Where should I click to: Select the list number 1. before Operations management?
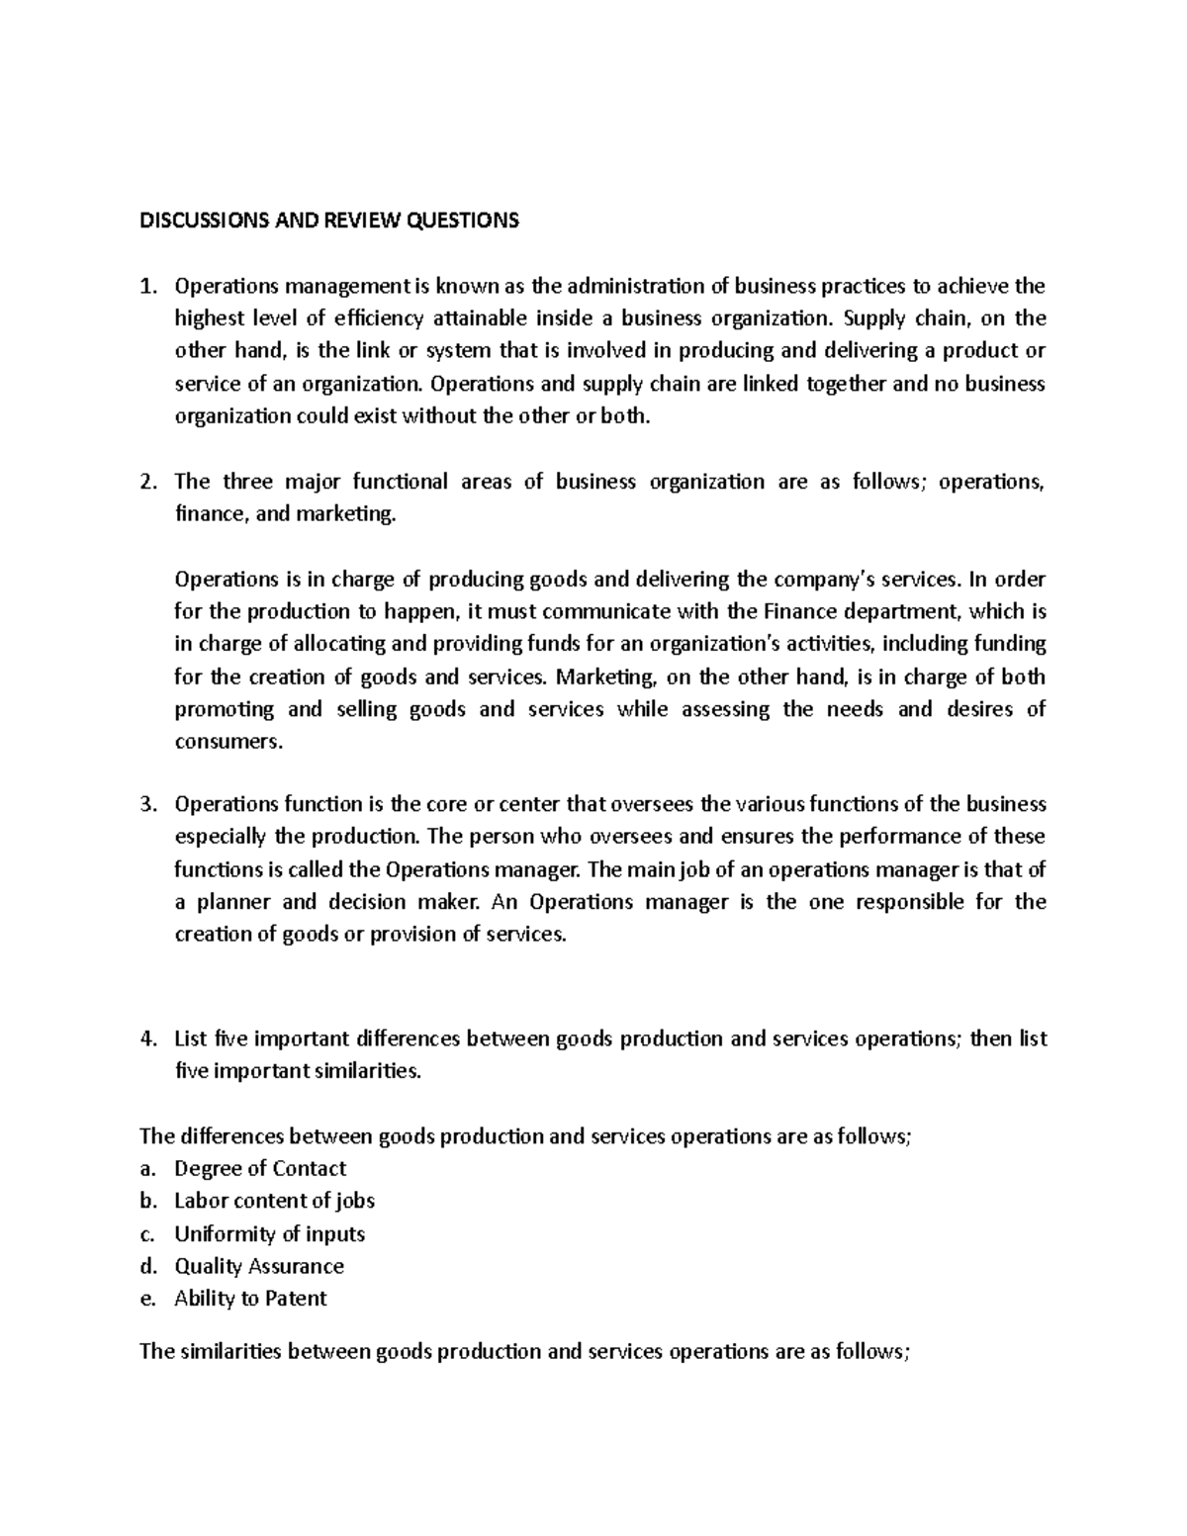148,287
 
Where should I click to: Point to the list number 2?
148,482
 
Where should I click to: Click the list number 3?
148,804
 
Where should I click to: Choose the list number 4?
148,1039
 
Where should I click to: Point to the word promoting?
224,709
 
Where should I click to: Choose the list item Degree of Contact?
260,1168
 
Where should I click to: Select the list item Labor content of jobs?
274,1201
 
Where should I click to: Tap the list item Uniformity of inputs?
269,1233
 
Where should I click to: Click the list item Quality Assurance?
259,1266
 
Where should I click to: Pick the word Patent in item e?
295,1299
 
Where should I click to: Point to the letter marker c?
148,1233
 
